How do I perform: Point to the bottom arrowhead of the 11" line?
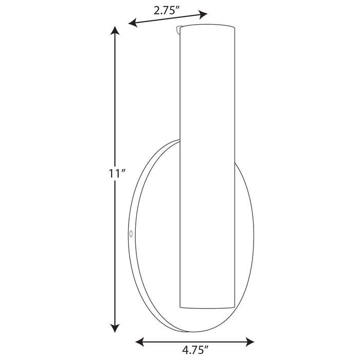(116, 327)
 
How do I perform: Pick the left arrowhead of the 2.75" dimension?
(133, 23)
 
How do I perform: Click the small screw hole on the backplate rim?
(131, 234)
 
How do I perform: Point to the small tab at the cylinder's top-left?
(179, 30)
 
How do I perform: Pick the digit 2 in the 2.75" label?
(157, 10)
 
